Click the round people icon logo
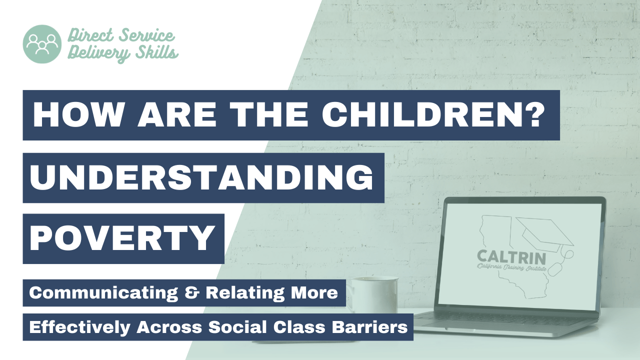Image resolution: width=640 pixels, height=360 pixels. [42, 44]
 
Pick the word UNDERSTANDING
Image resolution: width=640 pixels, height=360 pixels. [201, 177]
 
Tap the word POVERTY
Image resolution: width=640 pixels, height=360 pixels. [122, 238]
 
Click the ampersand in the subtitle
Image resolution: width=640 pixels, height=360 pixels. [191, 293]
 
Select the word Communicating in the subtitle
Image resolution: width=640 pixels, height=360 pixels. [103, 293]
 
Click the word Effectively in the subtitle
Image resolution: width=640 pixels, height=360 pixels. [79, 327]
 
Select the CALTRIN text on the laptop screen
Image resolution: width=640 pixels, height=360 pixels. [511, 257]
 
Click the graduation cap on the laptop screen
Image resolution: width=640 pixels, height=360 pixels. [545, 235]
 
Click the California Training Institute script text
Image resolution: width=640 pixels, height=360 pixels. [511, 267]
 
